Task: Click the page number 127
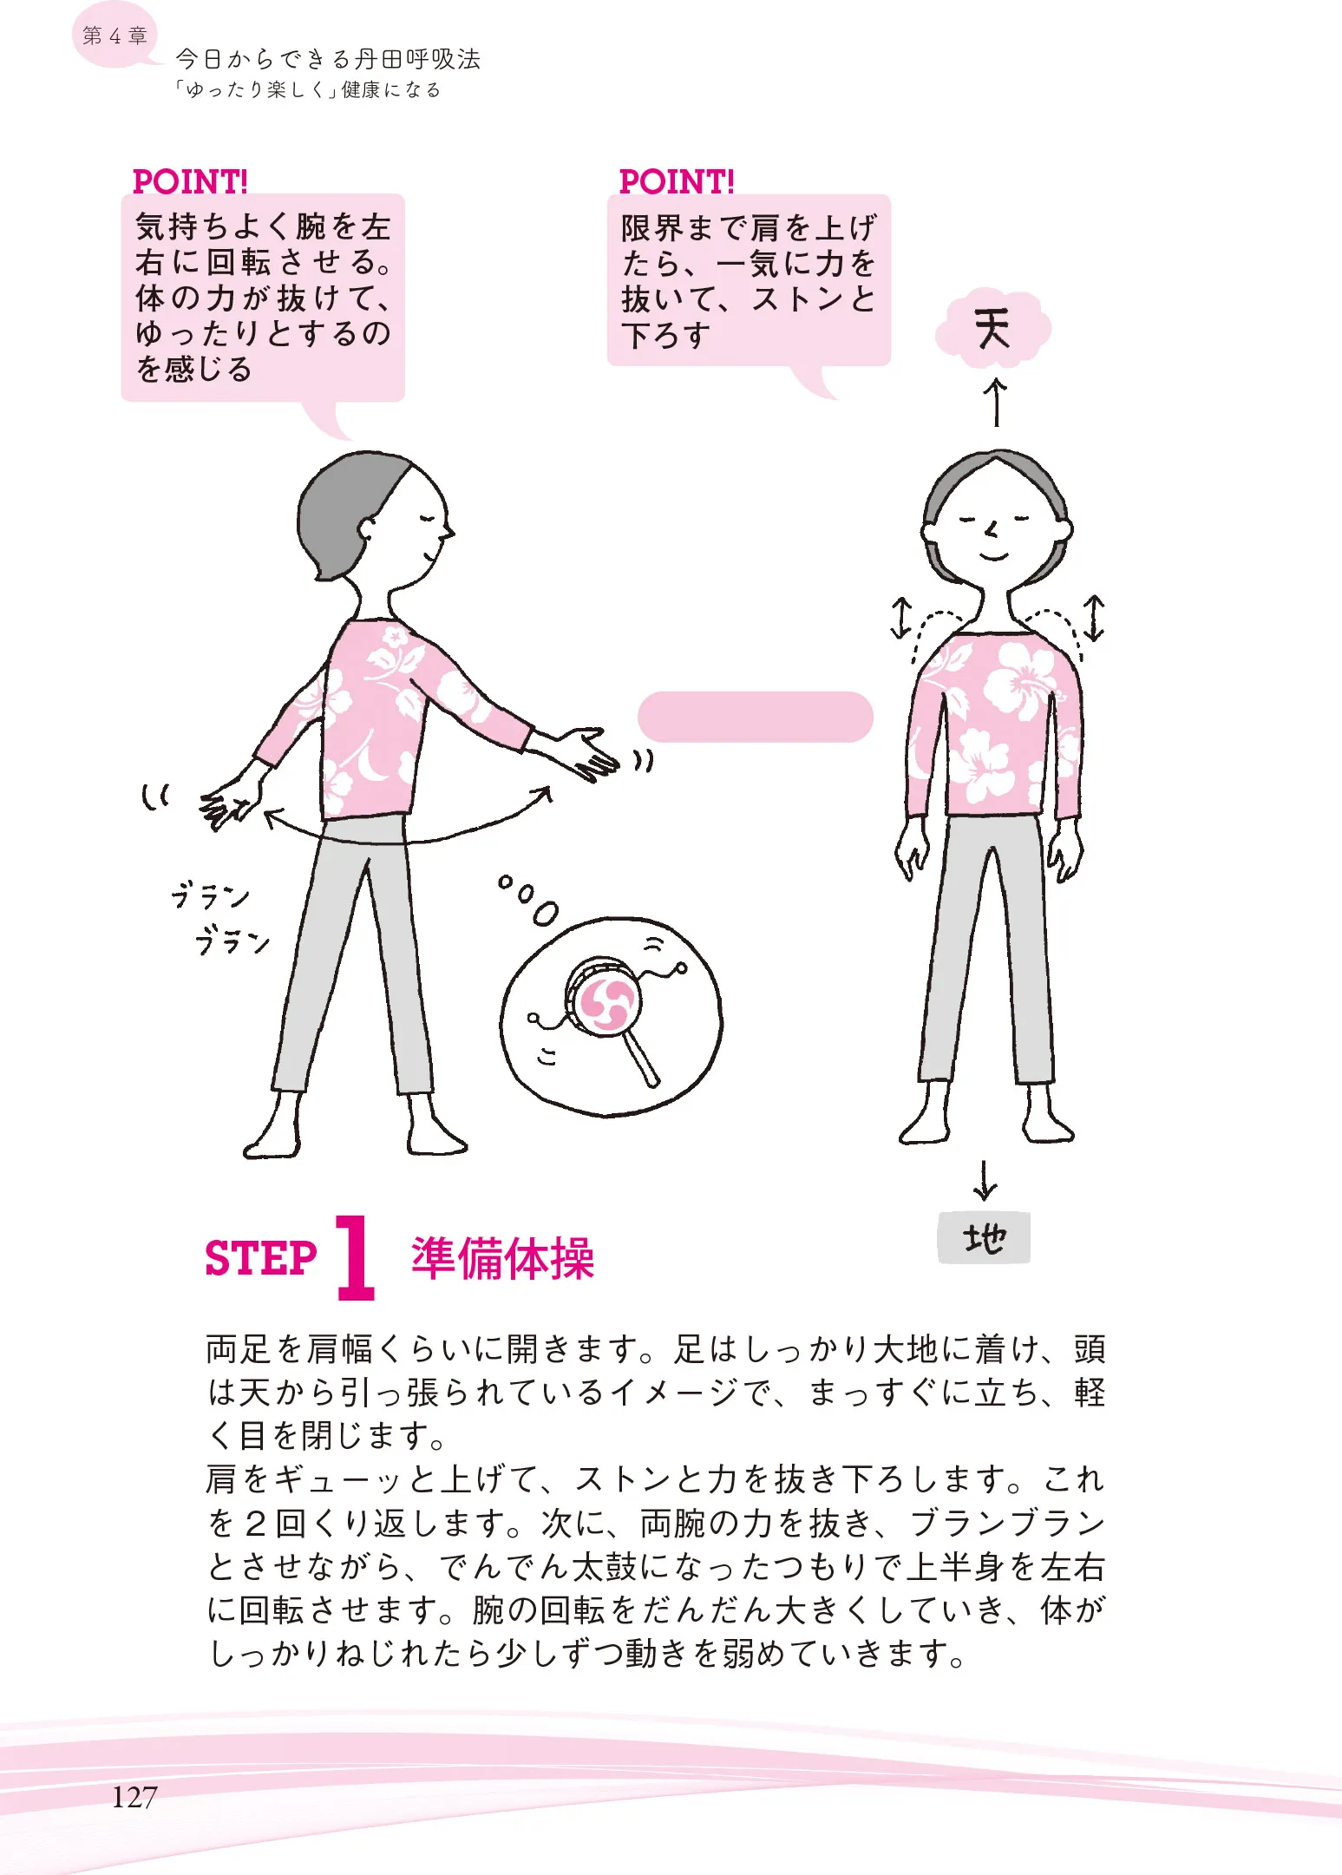tap(134, 1796)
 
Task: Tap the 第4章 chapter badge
tap(115, 36)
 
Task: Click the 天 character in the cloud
tap(992, 329)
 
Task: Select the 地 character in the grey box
tap(985, 1237)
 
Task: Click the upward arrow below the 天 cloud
tap(996, 402)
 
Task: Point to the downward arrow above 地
tap(985, 1179)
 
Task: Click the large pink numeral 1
tap(355, 1256)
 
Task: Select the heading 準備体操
tap(503, 1258)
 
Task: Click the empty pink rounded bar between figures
tap(755, 717)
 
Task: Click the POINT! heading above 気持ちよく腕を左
tap(190, 181)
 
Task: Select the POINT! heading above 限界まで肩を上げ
tap(677, 181)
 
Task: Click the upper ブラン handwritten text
tap(210, 895)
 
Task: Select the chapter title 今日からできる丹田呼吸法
tap(328, 59)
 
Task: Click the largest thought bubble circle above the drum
tap(545, 914)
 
